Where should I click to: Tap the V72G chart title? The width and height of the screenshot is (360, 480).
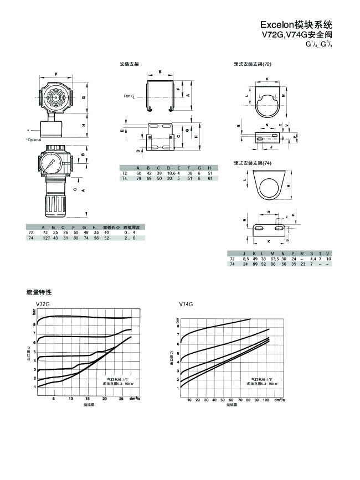[43, 304]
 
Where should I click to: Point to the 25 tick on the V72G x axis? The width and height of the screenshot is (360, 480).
[122, 399]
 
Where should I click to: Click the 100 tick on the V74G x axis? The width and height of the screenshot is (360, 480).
[266, 399]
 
